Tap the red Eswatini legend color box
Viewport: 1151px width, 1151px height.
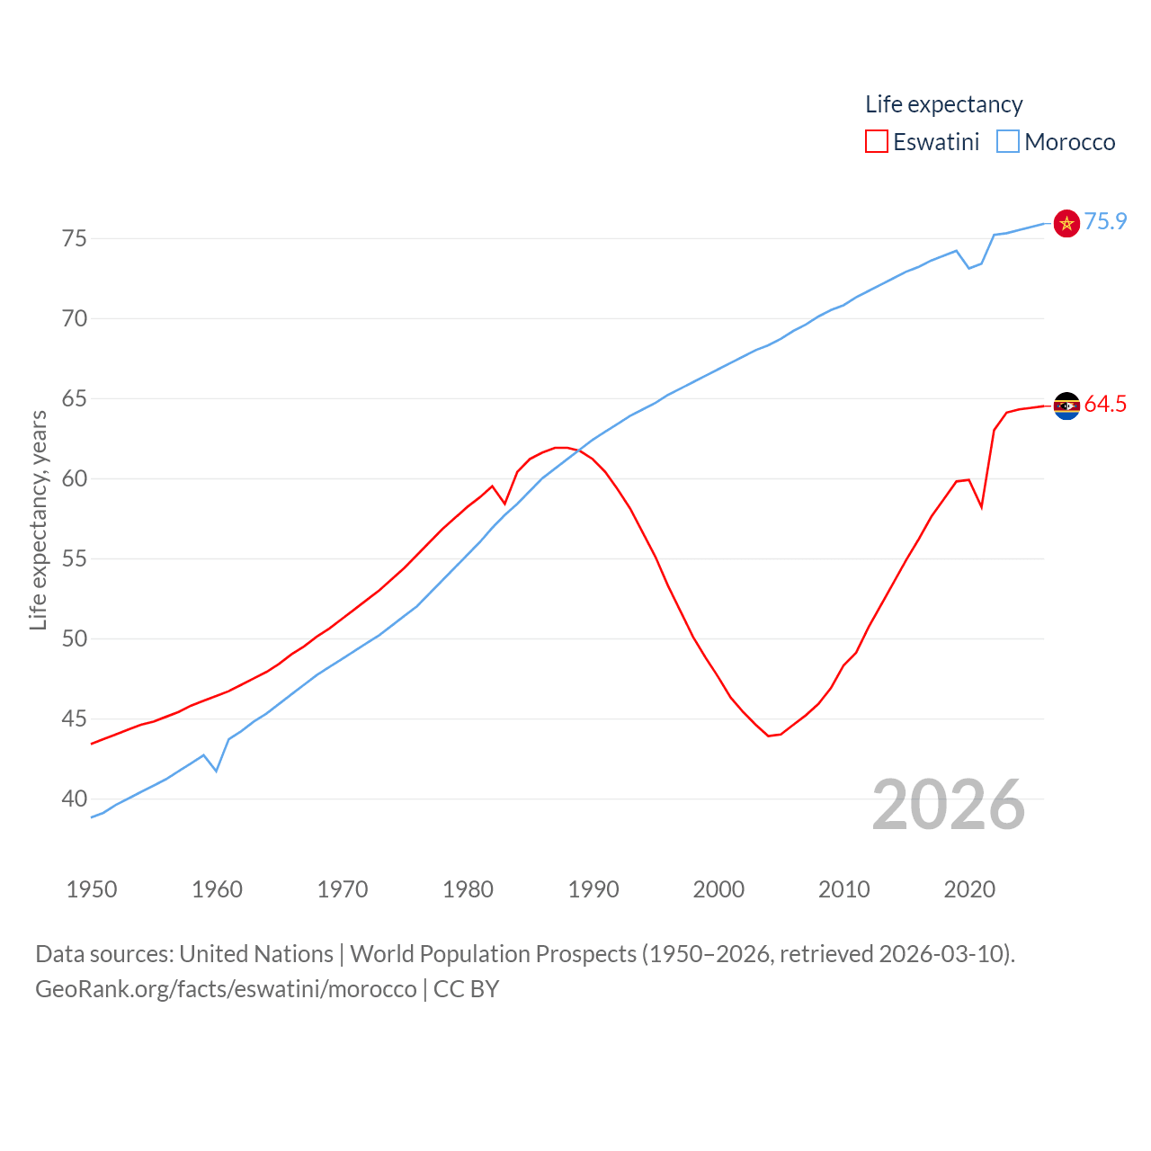[877, 142]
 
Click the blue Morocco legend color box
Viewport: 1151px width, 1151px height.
[1008, 142]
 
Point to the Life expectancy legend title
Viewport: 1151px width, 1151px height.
[943, 104]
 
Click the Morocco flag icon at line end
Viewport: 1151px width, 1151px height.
[1066, 223]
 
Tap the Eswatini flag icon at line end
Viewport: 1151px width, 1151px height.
[1066, 406]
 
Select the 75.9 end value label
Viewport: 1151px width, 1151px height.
[1105, 221]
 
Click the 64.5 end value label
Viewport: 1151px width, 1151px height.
[1105, 405]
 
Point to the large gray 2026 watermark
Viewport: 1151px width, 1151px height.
[948, 805]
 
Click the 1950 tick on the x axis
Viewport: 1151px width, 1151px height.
[92, 890]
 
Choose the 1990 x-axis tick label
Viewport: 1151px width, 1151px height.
[593, 890]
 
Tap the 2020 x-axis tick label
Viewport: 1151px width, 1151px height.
[969, 890]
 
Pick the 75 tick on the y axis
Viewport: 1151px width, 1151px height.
[75, 238]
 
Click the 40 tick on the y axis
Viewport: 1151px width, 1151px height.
[75, 799]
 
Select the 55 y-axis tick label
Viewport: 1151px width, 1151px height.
[75, 558]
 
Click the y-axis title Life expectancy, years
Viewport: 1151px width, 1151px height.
[38, 521]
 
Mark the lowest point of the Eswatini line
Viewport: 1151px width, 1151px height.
[769, 736]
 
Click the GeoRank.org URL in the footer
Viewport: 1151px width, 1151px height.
[226, 989]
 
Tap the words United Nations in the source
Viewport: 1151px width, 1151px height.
[256, 954]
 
